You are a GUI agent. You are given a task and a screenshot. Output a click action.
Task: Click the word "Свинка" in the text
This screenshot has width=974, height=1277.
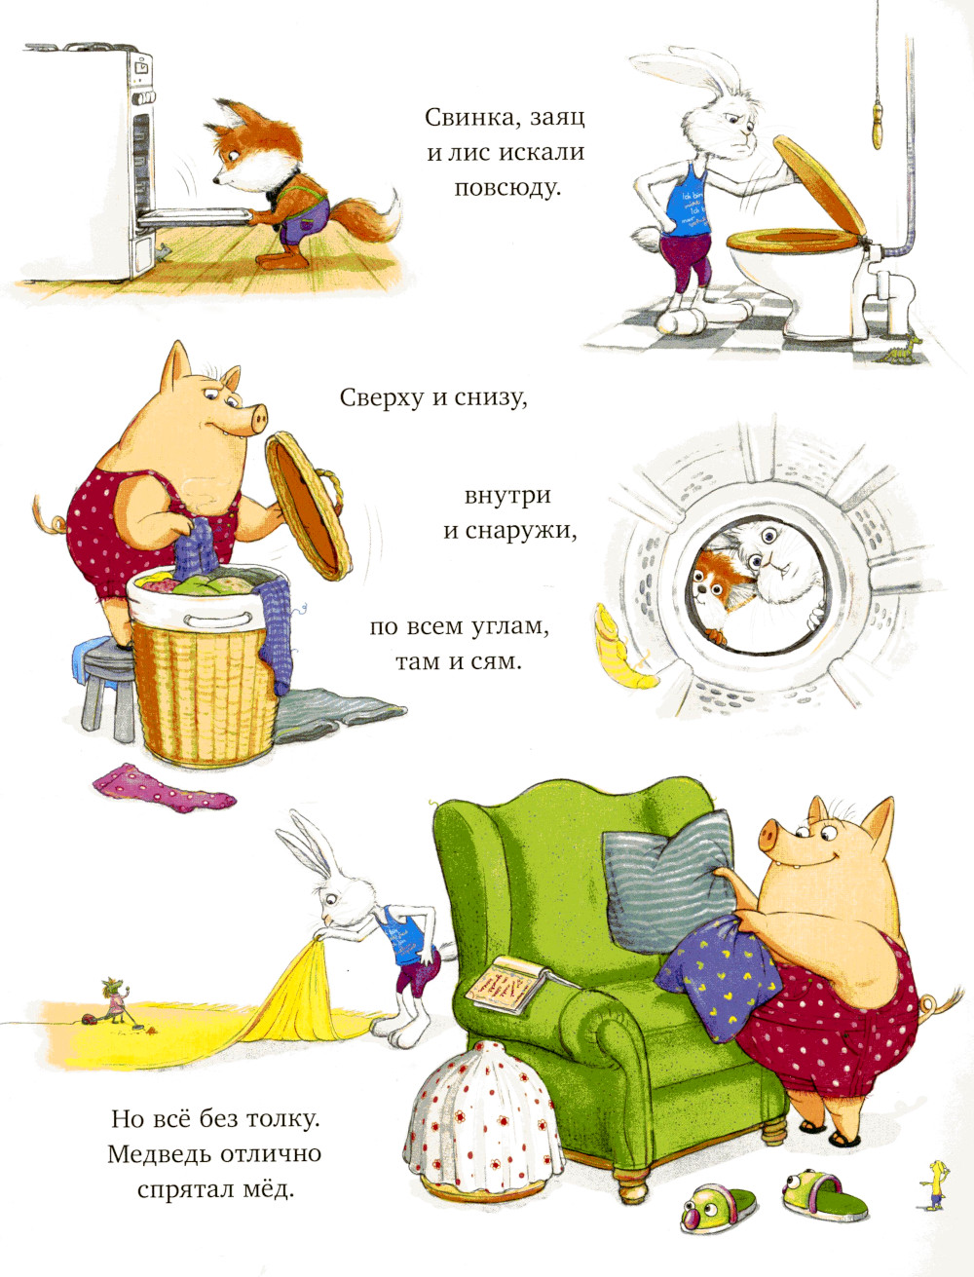[468, 118]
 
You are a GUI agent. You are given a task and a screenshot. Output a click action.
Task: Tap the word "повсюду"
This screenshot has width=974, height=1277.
[507, 189]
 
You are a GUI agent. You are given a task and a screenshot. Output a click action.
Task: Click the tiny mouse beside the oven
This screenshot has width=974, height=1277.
[162, 250]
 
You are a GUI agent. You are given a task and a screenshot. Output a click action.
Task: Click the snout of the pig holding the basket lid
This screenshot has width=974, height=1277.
[257, 418]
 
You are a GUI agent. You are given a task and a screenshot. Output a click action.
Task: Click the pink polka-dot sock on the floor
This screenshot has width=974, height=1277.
[164, 788]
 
